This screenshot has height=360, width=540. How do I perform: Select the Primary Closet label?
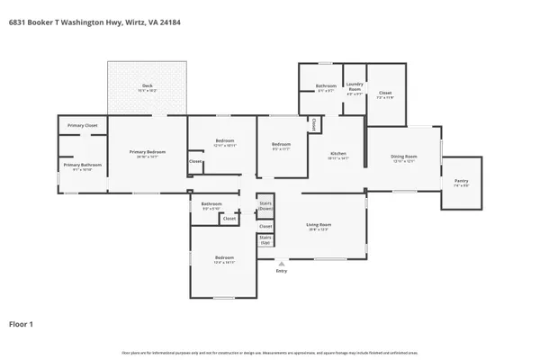coord(83,125)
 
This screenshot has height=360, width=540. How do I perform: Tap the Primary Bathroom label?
coord(82,166)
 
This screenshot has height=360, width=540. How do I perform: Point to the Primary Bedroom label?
coord(148,153)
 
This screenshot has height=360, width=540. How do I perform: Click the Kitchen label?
coord(337,154)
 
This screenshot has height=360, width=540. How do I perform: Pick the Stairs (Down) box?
coord(265,206)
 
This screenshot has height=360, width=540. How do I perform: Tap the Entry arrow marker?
coord(282,264)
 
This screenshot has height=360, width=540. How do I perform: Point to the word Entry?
coord(282,271)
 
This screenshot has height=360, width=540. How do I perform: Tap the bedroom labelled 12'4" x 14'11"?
coord(224,260)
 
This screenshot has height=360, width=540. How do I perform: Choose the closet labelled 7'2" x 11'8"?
coord(386,94)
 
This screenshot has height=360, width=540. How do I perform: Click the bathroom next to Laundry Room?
coord(326,87)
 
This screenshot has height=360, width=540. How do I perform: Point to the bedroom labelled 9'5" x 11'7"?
coord(282,146)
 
